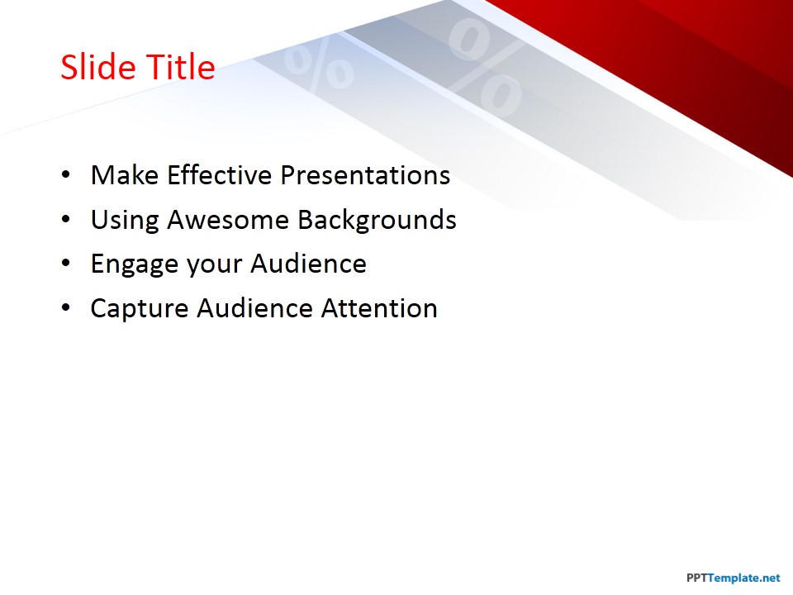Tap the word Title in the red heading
click(x=181, y=67)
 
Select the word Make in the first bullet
click(x=125, y=175)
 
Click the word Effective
click(x=220, y=175)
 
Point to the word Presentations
click(x=365, y=175)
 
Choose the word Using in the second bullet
click(x=125, y=221)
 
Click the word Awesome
click(x=228, y=220)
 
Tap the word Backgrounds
click(x=377, y=221)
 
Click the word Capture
click(x=139, y=308)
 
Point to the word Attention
click(x=379, y=308)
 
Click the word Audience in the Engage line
click(x=308, y=264)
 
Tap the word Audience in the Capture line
click(x=255, y=308)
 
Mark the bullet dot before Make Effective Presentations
click(x=66, y=175)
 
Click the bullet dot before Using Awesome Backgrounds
click(x=66, y=220)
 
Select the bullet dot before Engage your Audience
click(x=66, y=264)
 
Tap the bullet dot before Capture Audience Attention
click(x=66, y=308)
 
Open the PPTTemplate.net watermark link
click(x=734, y=578)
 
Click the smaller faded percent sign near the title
click(x=319, y=66)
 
